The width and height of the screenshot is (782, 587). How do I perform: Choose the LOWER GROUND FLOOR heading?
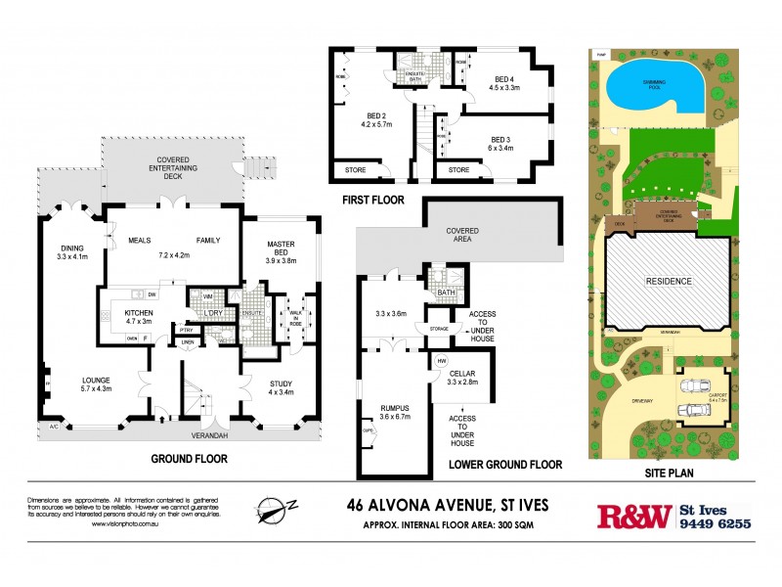[x=504, y=465]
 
